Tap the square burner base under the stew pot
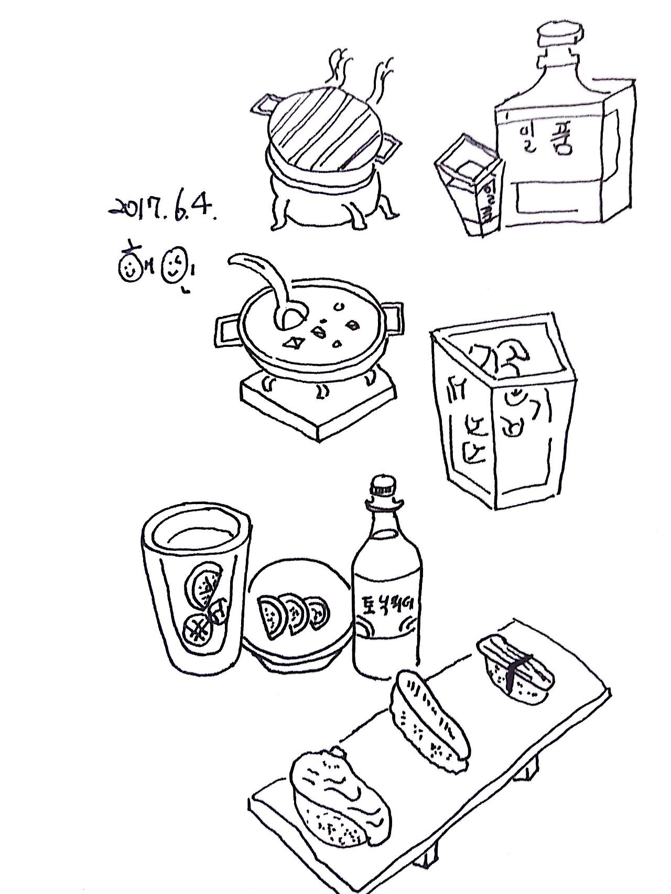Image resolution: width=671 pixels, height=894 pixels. tap(318, 404)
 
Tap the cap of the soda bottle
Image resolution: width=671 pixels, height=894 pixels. tap(385, 490)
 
